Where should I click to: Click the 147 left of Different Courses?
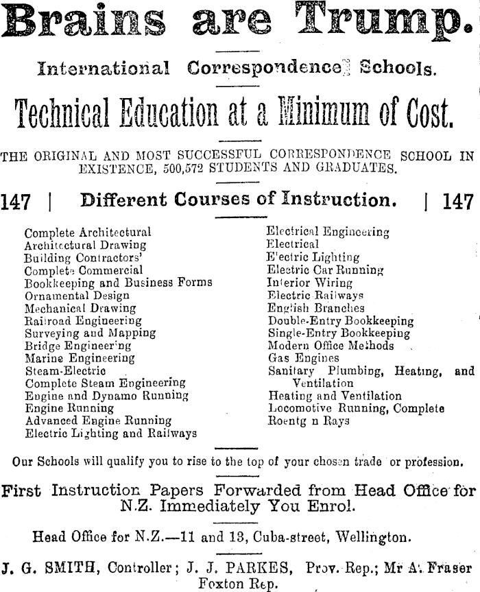[x=15, y=202]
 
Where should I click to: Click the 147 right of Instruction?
[x=458, y=202]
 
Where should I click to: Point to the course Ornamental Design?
[x=71, y=296]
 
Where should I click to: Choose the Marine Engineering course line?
[x=80, y=357]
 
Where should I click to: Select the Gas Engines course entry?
[x=303, y=358]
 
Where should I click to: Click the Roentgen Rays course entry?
[x=308, y=421]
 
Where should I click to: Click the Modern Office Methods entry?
[x=331, y=346]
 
